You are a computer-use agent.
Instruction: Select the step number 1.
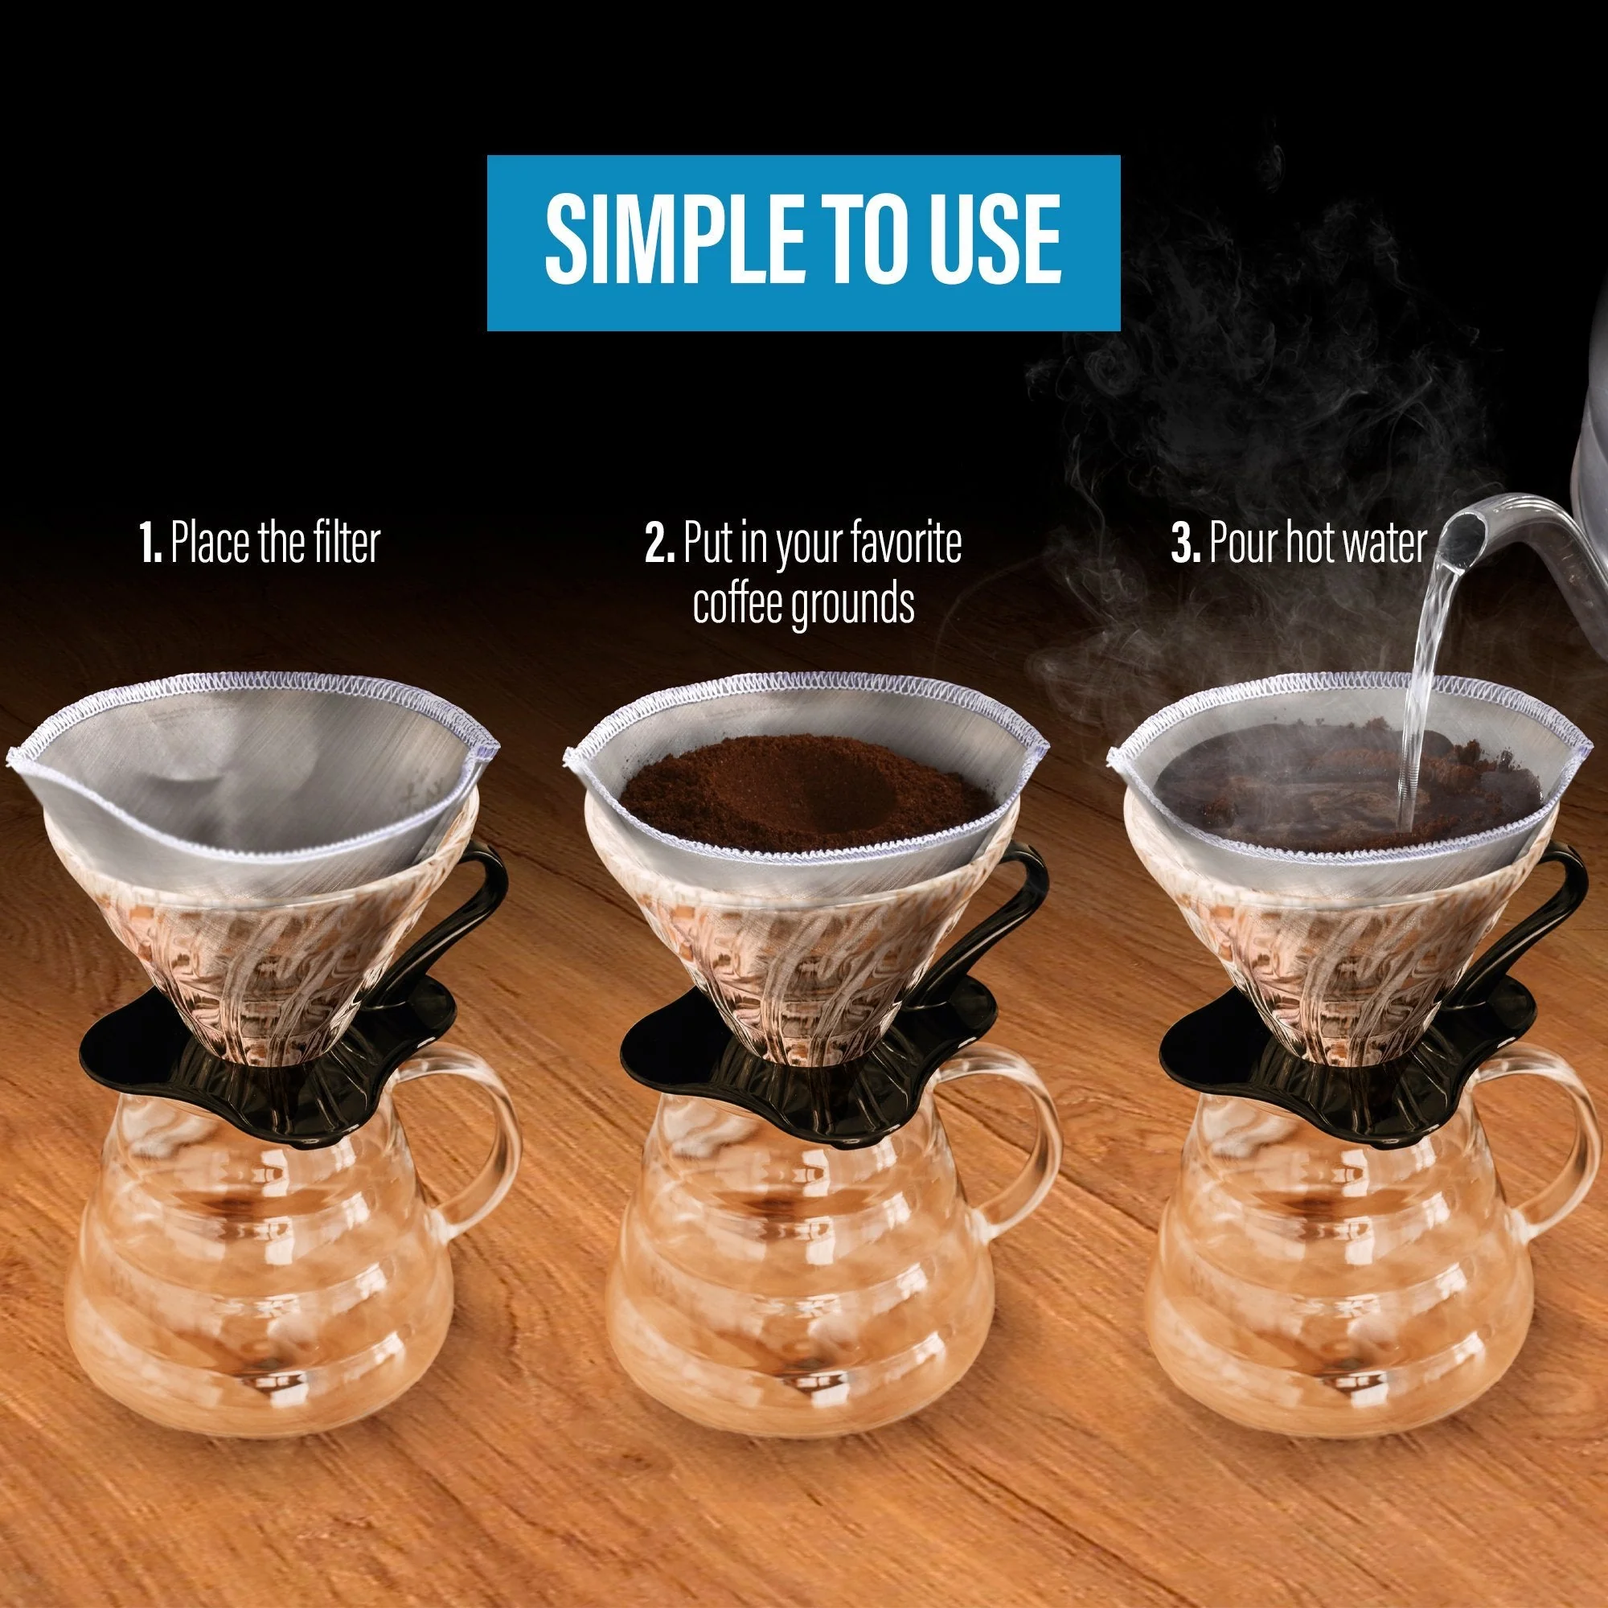click(150, 544)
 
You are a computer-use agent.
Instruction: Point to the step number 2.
click(659, 544)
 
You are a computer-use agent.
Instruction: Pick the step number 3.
click(1185, 544)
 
